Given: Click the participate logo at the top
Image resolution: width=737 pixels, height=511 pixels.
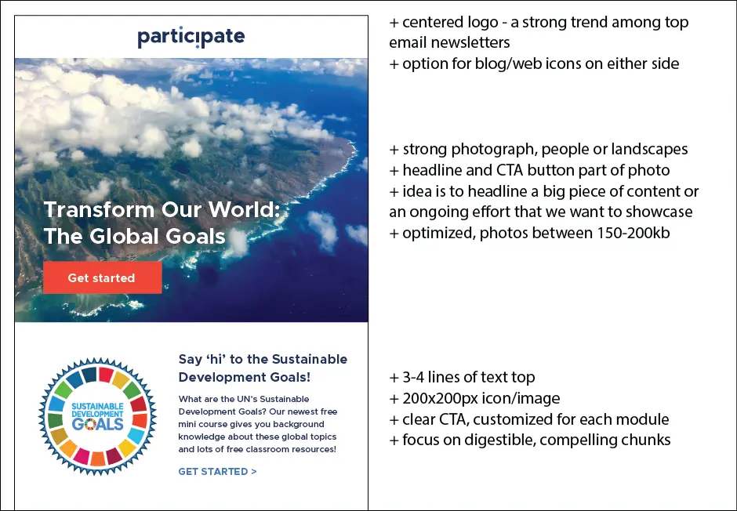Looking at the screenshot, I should tap(191, 37).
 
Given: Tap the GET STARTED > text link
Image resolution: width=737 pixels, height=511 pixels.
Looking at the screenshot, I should tap(217, 472).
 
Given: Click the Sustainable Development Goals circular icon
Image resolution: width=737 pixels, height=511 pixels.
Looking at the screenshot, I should tap(97, 416).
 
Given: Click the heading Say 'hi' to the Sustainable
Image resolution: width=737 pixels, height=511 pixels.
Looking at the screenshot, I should tap(263, 360).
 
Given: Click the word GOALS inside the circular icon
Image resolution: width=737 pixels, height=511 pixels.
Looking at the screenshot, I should tap(97, 424).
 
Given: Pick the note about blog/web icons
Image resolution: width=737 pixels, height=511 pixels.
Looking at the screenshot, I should tap(534, 64).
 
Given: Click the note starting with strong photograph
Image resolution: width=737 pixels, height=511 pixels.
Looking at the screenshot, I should tap(539, 150).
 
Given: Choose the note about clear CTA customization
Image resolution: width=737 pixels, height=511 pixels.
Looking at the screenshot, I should tap(529, 419).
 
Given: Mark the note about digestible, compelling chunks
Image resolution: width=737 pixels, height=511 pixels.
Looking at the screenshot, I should tap(530, 440).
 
